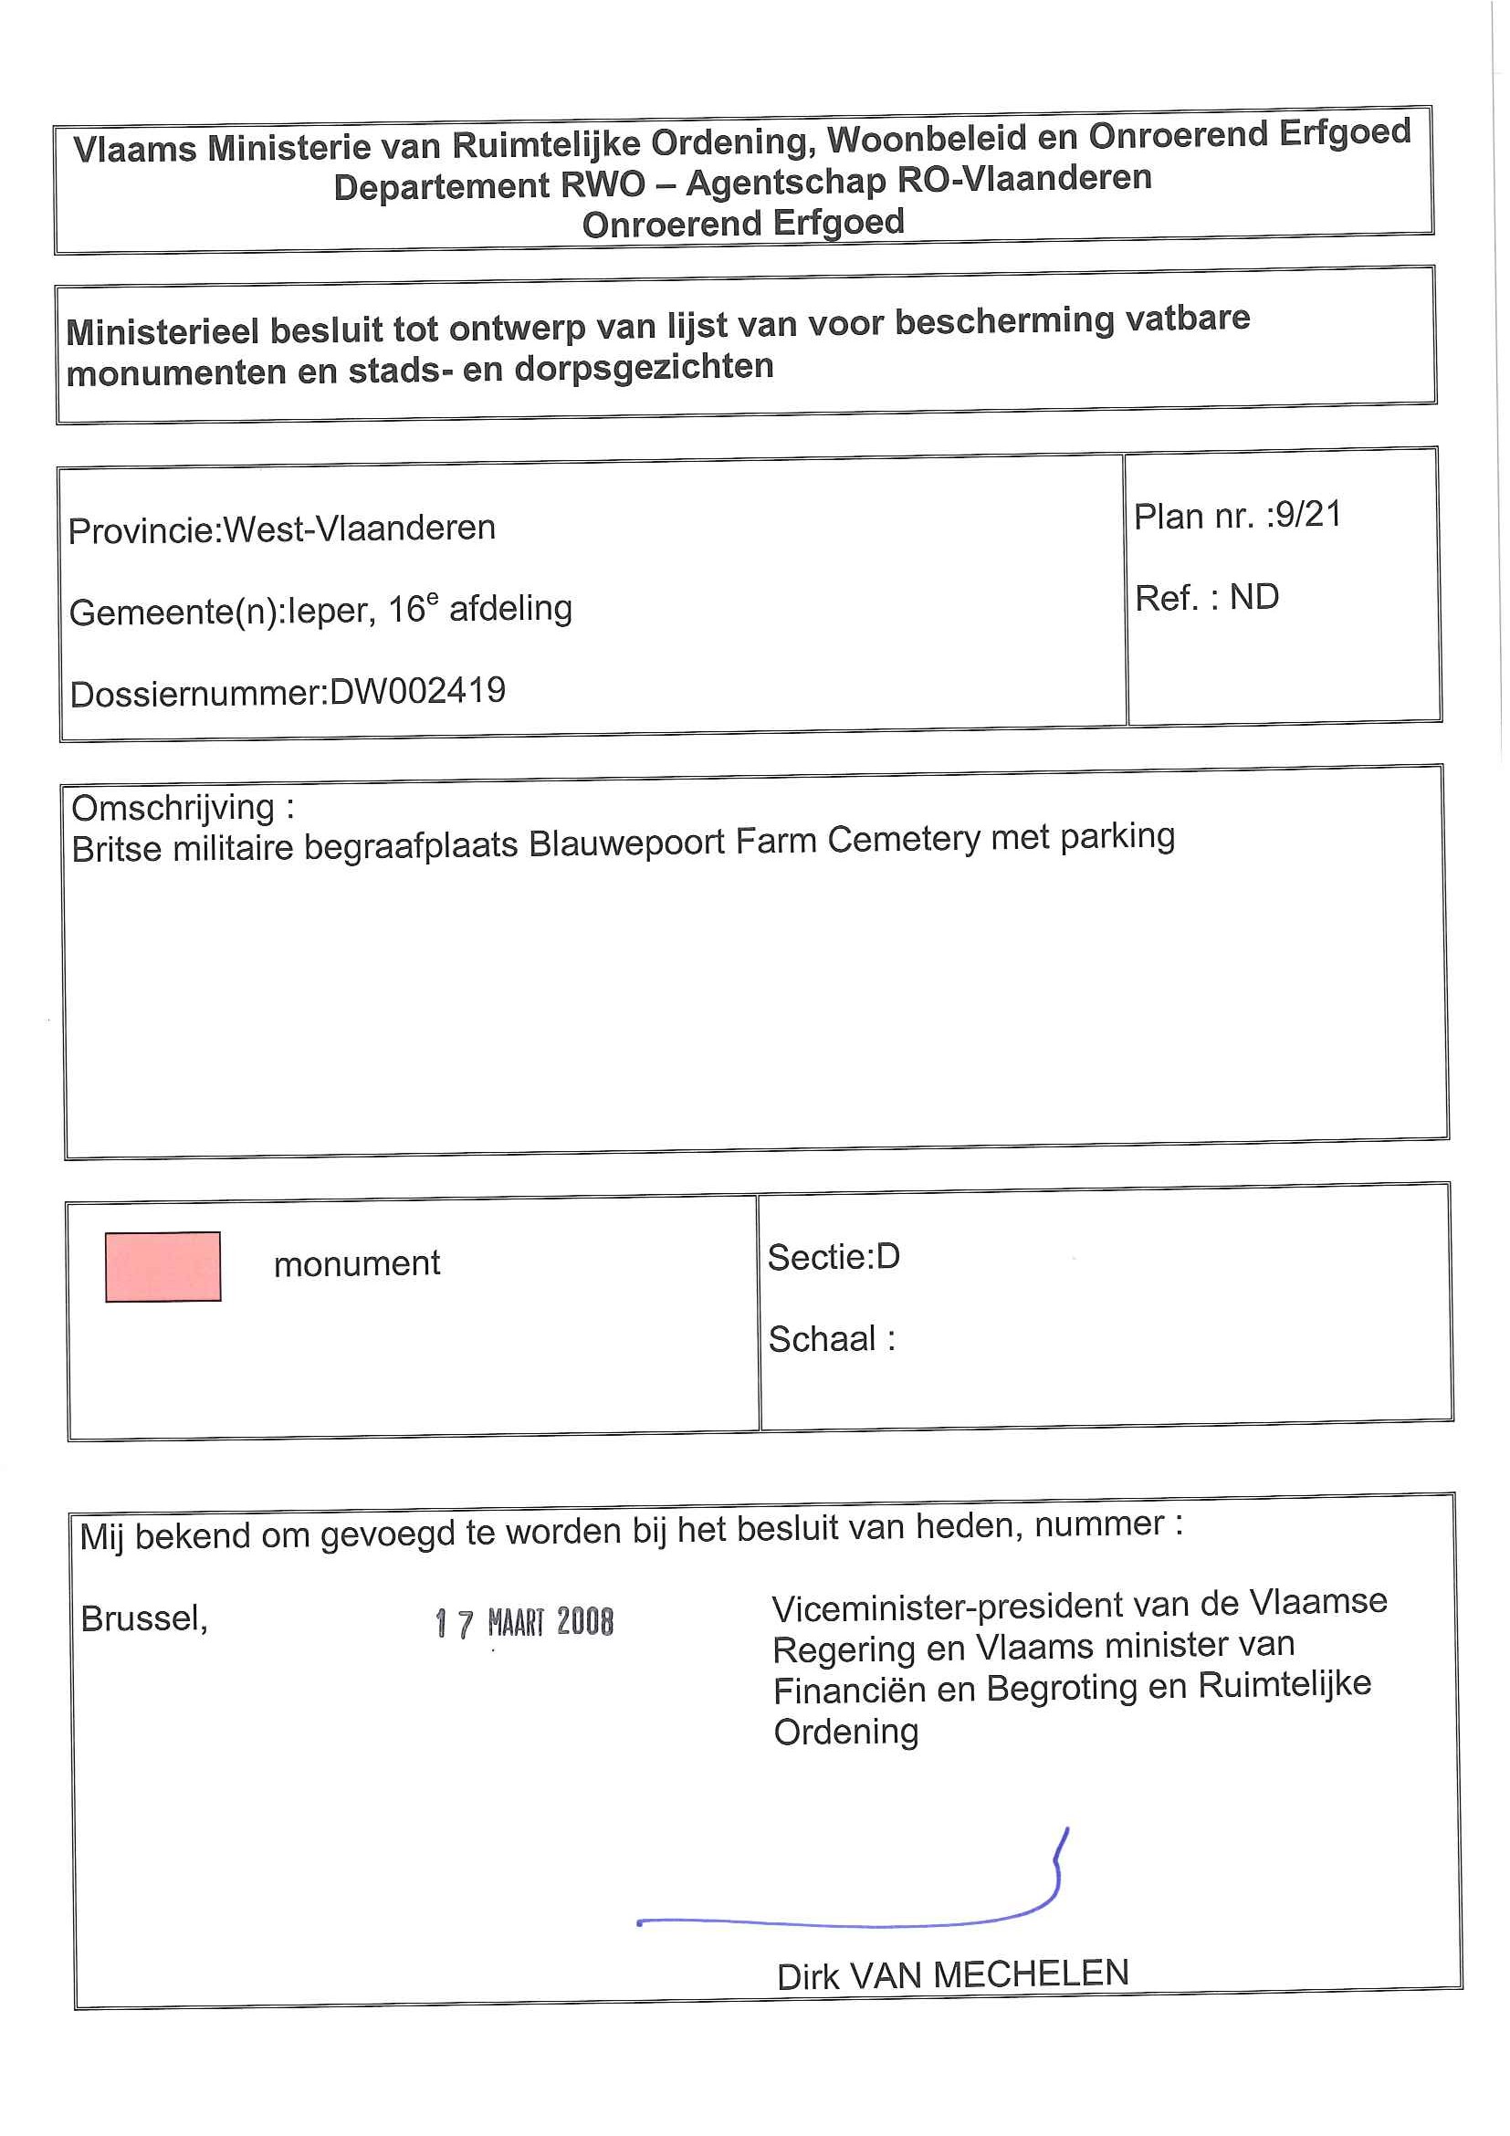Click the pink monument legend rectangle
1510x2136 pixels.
[x=163, y=1266]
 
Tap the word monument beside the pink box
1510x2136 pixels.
[x=356, y=1263]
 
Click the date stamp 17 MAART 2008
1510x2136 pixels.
[x=525, y=1623]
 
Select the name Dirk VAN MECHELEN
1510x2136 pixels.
[x=953, y=1975]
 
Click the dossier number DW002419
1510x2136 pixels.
[x=418, y=691]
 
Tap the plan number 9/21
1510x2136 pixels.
[x=1308, y=515]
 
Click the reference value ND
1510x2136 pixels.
[x=1254, y=597]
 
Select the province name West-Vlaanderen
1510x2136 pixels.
[x=359, y=529]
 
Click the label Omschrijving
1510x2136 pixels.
[x=174, y=808]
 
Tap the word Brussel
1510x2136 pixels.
[x=143, y=1618]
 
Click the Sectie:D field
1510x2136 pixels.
[x=834, y=1257]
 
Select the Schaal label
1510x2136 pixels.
[x=823, y=1339]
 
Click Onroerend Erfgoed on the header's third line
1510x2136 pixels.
[x=742, y=225]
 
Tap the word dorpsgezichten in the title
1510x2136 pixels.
[x=644, y=367]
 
